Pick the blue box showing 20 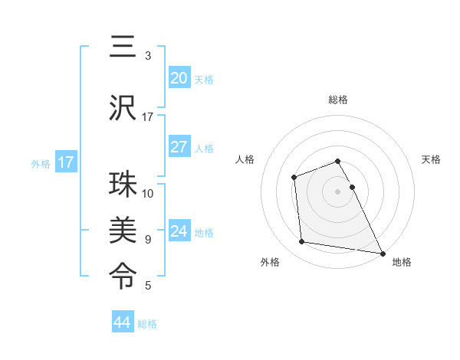tap(179, 78)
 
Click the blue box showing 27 tap(179, 147)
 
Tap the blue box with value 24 tap(179, 231)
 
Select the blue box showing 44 tap(122, 322)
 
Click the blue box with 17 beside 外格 tap(65, 162)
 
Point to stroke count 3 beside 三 tap(148, 56)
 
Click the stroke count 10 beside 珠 tap(148, 193)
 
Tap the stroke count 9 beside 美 tap(148, 239)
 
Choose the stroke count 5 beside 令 tap(148, 286)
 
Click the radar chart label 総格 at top tap(337, 100)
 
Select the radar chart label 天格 tap(431, 159)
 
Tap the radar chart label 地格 tap(402, 262)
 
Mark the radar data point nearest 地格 tap(383, 254)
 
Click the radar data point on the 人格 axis tap(294, 178)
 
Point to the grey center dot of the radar tap(337, 191)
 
